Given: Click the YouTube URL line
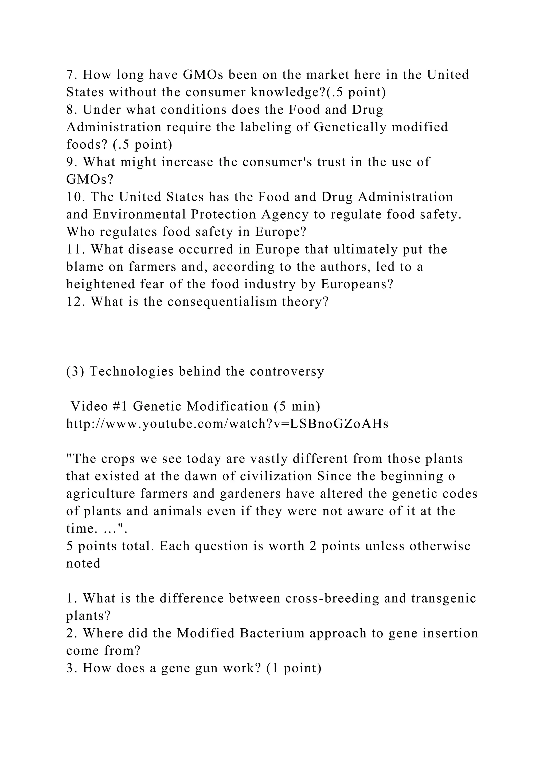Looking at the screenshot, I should (227, 424).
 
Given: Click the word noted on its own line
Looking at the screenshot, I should (83, 563).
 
